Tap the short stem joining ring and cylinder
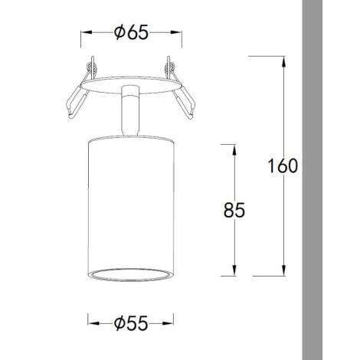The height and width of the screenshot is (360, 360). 129,111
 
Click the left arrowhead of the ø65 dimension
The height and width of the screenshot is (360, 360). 85,33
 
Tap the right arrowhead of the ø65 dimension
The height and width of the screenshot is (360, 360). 180,33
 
